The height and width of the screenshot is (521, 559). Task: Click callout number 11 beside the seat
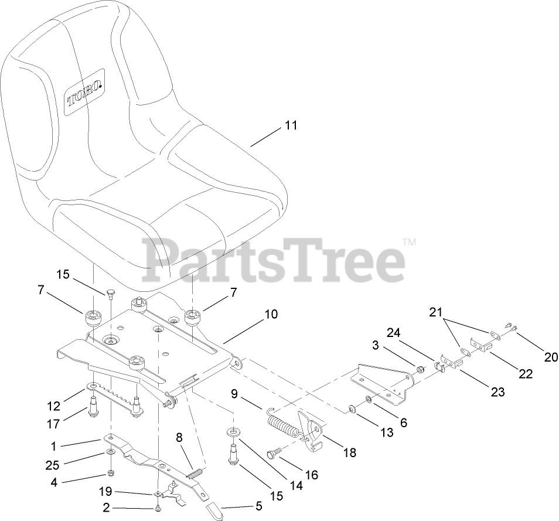coord(291,125)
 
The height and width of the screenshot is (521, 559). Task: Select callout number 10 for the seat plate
coord(271,315)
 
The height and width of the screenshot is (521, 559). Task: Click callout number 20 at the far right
coord(551,356)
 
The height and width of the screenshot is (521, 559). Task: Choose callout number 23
coord(497,393)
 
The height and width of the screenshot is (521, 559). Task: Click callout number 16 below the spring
coord(311,475)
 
